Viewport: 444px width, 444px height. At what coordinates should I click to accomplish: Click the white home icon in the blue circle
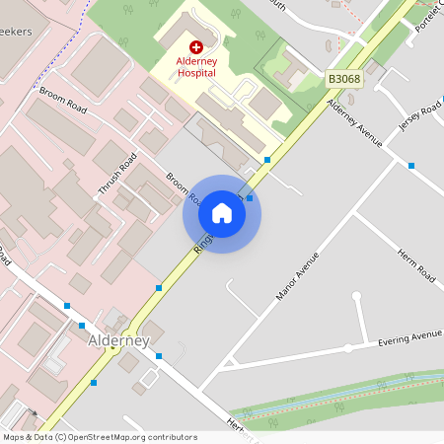(222, 213)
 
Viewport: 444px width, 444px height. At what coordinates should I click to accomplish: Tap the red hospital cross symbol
(195, 46)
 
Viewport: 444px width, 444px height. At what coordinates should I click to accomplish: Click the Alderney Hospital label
(195, 67)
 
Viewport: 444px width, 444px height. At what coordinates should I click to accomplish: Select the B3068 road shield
(344, 79)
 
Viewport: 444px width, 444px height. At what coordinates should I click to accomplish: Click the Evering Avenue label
(410, 338)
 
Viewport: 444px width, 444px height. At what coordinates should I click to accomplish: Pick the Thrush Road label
(116, 174)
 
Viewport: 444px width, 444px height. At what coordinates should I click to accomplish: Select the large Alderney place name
(118, 340)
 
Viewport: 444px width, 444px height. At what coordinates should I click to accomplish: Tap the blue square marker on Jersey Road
(411, 166)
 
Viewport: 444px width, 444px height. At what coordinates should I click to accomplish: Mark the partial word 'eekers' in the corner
(16, 32)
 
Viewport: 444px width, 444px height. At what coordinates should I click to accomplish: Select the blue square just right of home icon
(250, 198)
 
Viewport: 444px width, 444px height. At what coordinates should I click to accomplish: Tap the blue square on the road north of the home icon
(267, 159)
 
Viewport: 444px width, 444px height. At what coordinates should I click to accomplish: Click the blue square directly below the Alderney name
(158, 355)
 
